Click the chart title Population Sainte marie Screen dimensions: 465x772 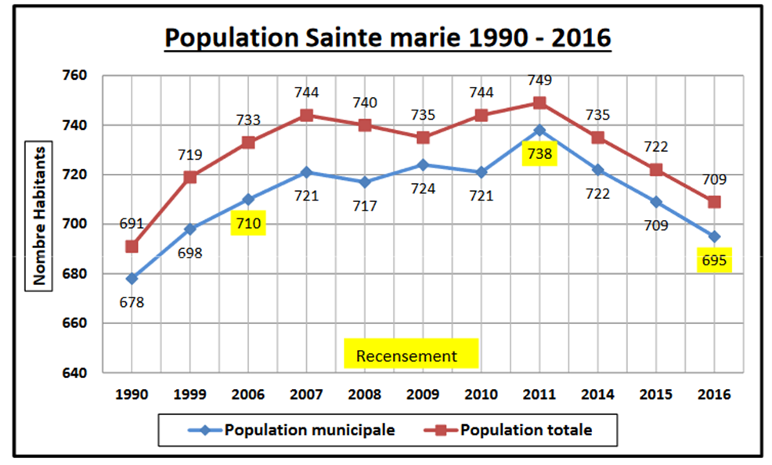pos(387,38)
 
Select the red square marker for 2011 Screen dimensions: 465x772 pos(539,103)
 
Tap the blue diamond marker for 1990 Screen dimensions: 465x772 pos(132,278)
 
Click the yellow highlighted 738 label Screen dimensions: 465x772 pos(540,153)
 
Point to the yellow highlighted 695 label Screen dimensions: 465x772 pos(714,261)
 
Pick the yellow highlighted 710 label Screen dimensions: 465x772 pos(248,225)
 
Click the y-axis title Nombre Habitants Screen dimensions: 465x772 pos(38,215)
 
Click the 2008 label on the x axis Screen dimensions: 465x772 pos(365,395)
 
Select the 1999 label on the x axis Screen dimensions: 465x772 pos(190,395)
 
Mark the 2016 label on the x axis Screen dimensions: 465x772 pos(714,395)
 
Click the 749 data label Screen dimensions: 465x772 pos(539,80)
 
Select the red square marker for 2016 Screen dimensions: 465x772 pos(714,202)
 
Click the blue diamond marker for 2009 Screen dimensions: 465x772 pos(423,164)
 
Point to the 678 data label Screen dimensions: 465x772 pos(132,301)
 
